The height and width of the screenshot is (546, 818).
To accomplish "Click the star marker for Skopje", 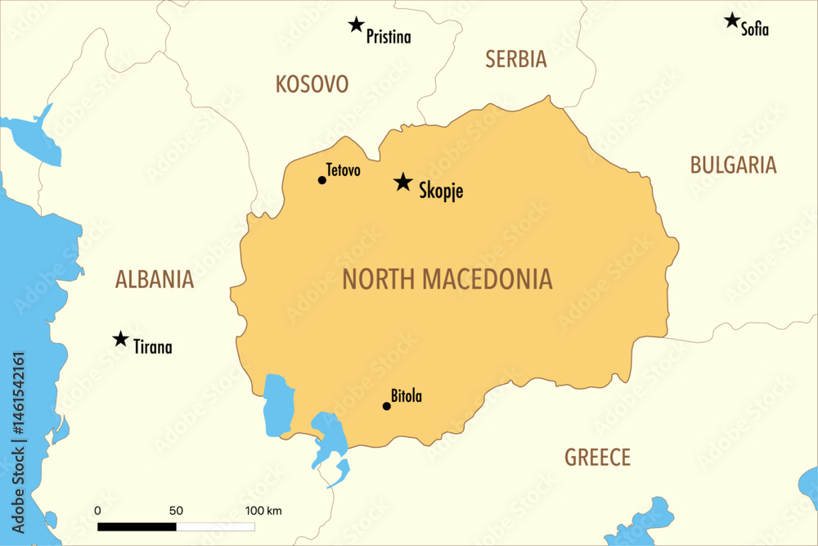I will pos(402,182).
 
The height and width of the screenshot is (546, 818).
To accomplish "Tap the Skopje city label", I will pos(441,191).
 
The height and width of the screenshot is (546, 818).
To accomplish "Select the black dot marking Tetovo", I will pos(322,180).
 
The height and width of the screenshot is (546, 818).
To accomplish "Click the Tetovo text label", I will pos(343,170).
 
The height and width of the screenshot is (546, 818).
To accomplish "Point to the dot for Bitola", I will pos(387,406).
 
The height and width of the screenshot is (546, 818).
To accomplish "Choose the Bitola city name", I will pos(407,397).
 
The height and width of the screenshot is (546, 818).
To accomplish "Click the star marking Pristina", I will pos(356,25).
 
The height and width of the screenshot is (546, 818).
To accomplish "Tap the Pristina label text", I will pos(389,37).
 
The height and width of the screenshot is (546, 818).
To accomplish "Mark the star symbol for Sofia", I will pos(732,20).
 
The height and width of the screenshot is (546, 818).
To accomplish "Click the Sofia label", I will pos(755,30).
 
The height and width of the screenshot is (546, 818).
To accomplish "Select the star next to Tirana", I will pos(120,339).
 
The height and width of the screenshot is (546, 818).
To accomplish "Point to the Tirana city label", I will pos(153,348).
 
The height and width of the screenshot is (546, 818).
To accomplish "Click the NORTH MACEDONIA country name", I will pos(447,280).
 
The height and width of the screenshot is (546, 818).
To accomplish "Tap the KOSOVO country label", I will pos(312,84).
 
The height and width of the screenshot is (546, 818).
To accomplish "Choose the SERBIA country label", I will pos(515,59).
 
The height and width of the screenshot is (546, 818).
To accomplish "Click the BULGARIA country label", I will pos(733,165).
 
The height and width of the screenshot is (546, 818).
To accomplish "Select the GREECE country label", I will pos(597,458).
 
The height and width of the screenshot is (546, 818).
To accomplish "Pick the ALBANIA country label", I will pos(155,280).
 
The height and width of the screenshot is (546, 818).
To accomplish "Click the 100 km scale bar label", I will pos(263,511).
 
